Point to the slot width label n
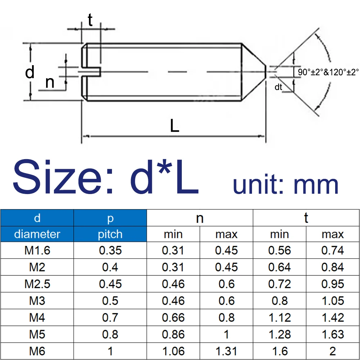tap(50, 82)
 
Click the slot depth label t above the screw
tap(90, 21)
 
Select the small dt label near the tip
tap(278, 87)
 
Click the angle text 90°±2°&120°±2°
tap(328, 72)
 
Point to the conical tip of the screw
tap(254, 72)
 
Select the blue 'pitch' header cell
tap(110, 234)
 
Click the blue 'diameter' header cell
tap(37, 234)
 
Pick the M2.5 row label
tap(37, 284)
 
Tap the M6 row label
tap(37, 351)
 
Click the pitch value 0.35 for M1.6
tap(110, 250)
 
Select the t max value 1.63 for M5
tap(333, 334)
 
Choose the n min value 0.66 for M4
tap(173, 318)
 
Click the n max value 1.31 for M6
tap(226, 351)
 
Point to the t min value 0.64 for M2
tap(279, 267)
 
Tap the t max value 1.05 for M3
tap(333, 301)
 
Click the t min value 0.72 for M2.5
tap(279, 284)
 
